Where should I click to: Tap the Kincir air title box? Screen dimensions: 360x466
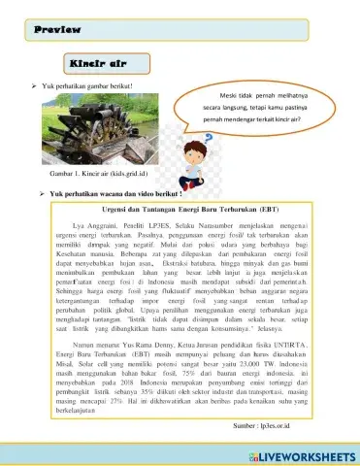(98, 63)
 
